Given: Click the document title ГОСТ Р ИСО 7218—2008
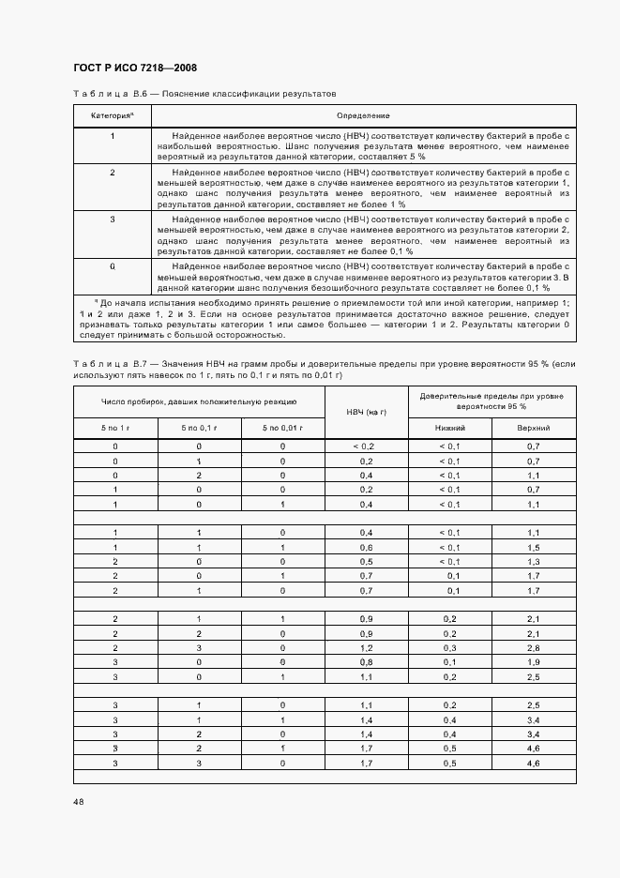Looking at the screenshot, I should tap(134, 68).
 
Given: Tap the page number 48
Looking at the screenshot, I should tap(78, 801).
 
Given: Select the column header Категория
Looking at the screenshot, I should tap(112, 115).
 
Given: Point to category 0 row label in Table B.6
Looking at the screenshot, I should tap(113, 266).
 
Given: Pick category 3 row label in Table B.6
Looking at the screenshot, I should tap(113, 219).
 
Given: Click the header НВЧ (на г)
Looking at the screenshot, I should tap(366, 413).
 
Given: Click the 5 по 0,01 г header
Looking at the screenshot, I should tap(282, 428).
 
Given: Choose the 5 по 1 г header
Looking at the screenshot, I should tap(115, 428).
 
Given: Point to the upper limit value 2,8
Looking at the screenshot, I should tap(534, 648).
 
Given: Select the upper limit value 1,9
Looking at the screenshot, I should tap(534, 662).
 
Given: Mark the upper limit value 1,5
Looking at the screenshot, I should tap(534, 547).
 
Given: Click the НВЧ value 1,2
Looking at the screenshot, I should tap(366, 648).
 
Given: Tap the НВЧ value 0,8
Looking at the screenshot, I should tap(366, 662).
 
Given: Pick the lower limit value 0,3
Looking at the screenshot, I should tap(450, 648).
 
